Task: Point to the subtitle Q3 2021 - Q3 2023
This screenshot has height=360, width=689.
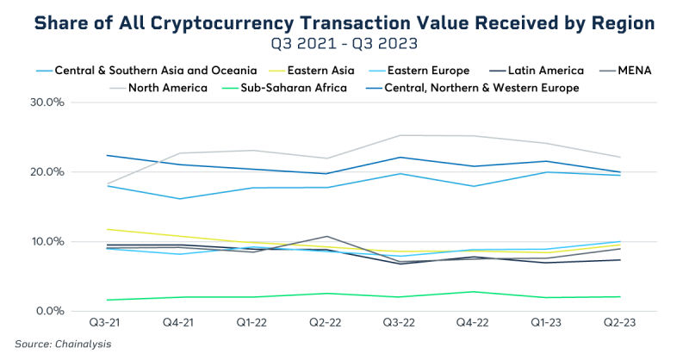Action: pos(344,43)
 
